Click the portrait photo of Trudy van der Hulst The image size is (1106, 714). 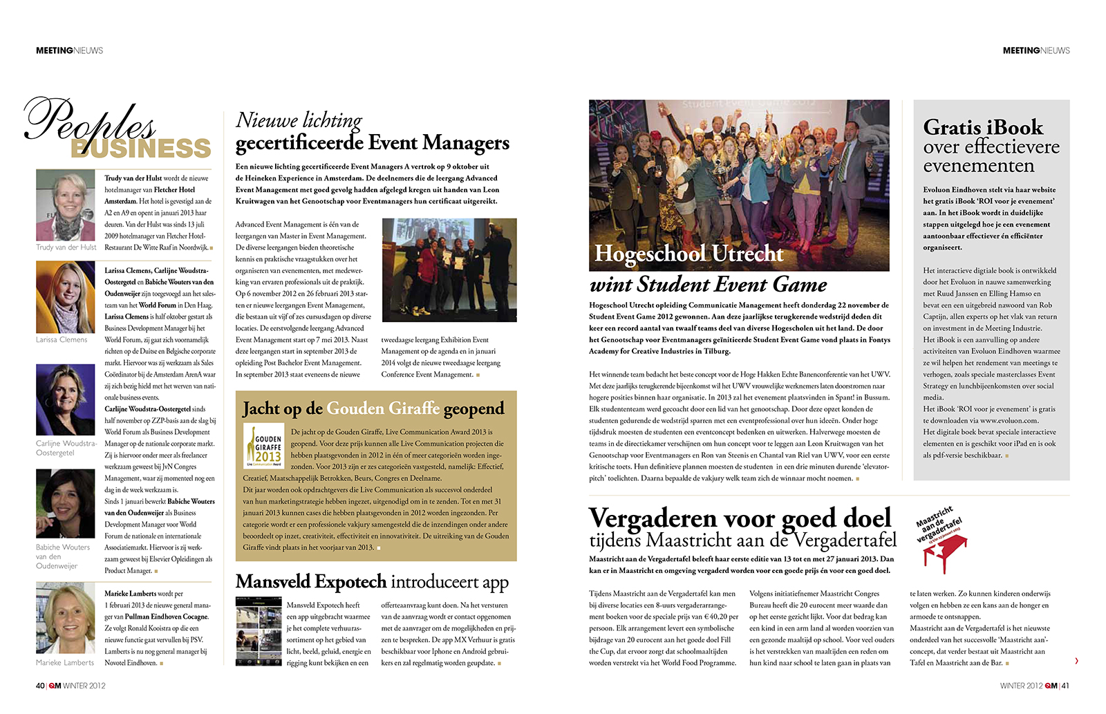click(65, 205)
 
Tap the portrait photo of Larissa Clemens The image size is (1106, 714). click(65, 297)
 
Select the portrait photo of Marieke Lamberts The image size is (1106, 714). click(65, 619)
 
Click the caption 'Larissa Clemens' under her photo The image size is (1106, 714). click(62, 340)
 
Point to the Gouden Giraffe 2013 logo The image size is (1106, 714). click(264, 446)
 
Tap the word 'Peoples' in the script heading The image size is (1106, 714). click(90, 121)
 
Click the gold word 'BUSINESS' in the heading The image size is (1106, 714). click(141, 148)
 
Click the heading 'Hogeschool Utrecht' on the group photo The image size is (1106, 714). click(688, 254)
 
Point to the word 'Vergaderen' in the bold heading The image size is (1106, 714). click(653, 518)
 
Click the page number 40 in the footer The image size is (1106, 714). click(40, 686)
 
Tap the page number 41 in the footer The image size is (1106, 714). click(1065, 686)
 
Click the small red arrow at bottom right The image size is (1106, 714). click(1076, 661)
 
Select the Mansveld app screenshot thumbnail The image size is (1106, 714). click(258, 631)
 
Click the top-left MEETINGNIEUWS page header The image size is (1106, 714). click(69, 50)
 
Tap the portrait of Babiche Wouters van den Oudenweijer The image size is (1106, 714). click(65, 503)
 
